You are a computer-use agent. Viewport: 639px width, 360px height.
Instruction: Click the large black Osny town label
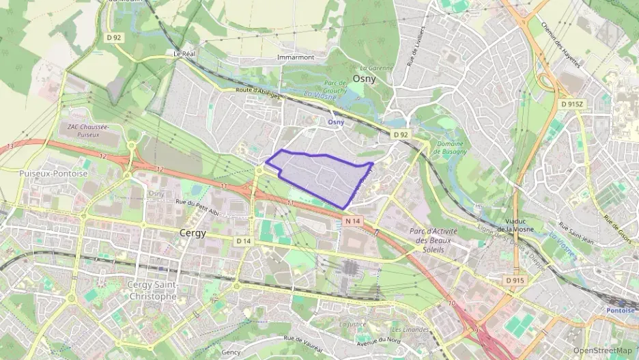coord(371,79)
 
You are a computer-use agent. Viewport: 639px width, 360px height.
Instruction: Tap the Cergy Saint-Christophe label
coord(152,290)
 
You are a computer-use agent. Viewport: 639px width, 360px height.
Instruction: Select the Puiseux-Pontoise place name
coord(54,174)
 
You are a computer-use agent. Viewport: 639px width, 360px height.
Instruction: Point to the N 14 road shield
coord(352,221)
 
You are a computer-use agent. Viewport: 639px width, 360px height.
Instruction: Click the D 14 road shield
coord(244,241)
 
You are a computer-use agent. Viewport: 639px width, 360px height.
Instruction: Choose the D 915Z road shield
coord(571,105)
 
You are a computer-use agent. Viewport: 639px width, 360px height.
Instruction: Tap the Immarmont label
coord(296,57)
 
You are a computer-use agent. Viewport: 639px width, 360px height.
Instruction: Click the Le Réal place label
coord(184,53)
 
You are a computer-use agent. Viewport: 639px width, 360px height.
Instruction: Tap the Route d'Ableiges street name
coord(257,93)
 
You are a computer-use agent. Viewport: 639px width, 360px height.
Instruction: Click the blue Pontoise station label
coord(620,310)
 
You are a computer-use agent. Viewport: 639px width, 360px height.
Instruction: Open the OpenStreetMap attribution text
coord(602,350)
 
